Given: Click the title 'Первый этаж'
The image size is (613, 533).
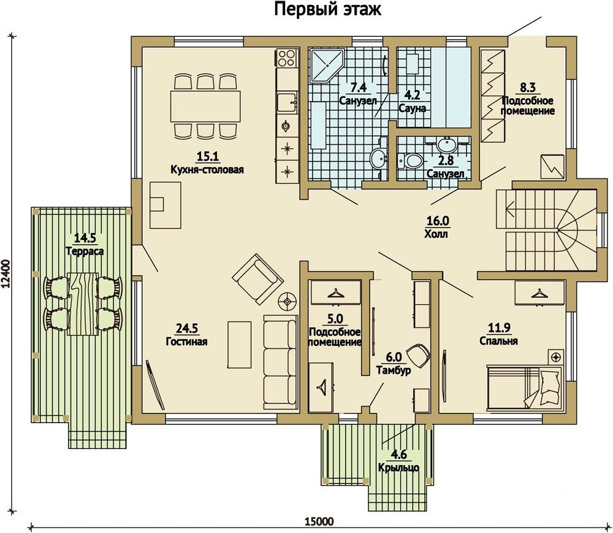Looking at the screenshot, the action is [327, 9].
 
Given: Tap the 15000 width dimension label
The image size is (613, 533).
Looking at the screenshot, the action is [319, 521].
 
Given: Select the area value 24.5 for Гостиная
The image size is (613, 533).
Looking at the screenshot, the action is [186, 328].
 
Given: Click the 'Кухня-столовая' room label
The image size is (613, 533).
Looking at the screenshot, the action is [207, 170].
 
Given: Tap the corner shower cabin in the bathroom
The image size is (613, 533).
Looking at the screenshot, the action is [326, 66].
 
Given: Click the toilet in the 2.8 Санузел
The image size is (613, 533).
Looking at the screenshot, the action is [410, 159].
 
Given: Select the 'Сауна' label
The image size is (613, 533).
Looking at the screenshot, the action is [412, 109].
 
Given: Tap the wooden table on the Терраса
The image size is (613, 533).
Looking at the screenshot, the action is [83, 304].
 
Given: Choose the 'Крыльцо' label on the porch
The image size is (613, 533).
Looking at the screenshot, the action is [399, 468].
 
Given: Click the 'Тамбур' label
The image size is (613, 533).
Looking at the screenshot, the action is [394, 369].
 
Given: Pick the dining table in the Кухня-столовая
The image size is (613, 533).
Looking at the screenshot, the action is [205, 106].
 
